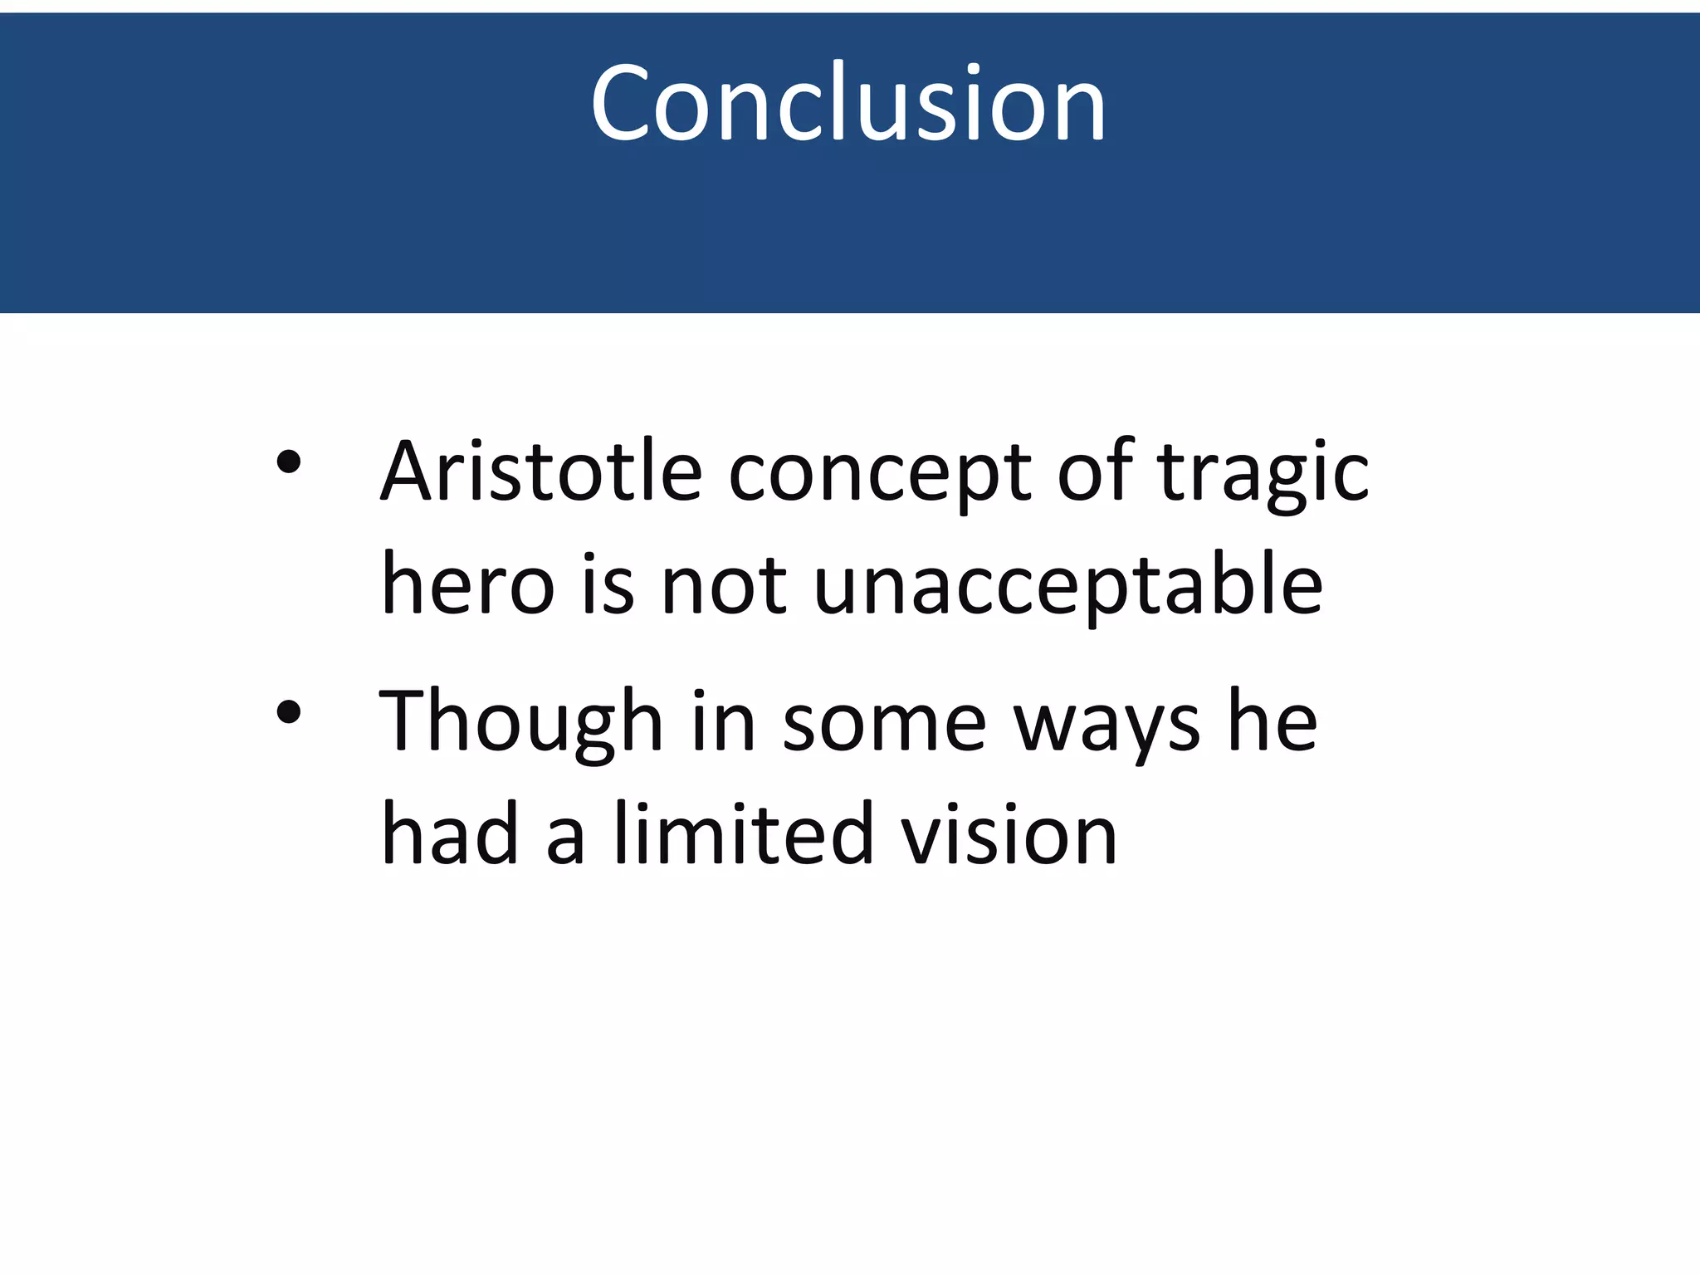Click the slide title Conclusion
coord(848,104)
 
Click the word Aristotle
coord(541,471)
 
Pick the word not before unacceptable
coord(723,586)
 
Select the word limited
coord(744,833)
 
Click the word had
coord(450,833)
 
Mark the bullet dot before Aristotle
coord(289,462)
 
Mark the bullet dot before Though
coord(289,711)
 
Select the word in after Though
coord(723,721)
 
